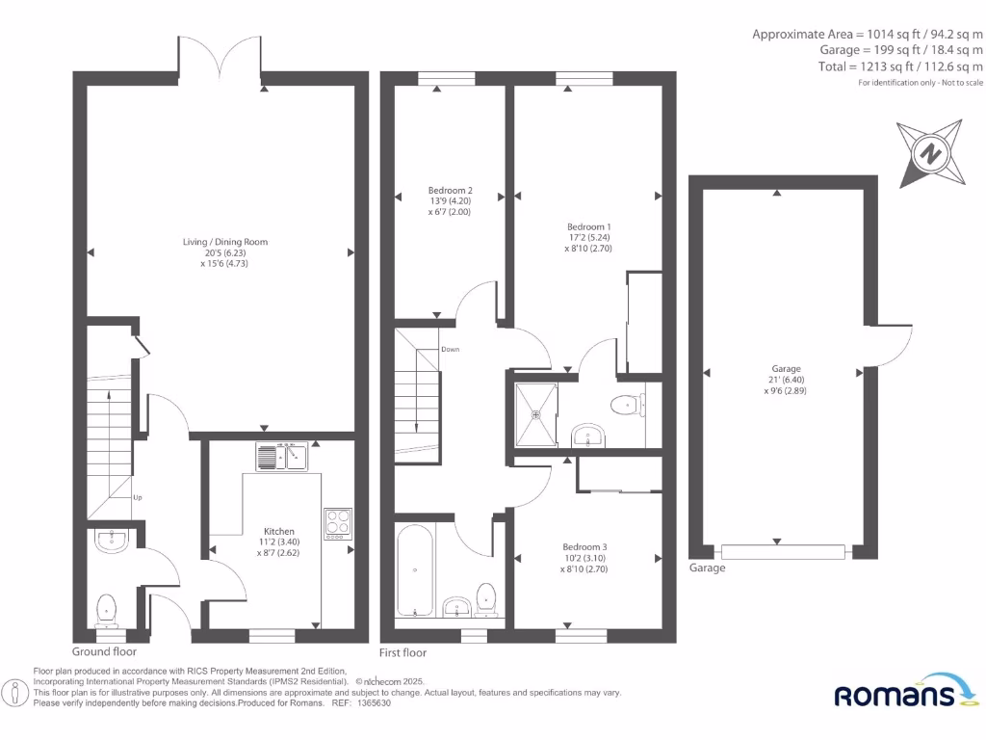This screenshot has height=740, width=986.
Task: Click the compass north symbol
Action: [x=930, y=153]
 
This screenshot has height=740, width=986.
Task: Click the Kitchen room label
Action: [x=279, y=531]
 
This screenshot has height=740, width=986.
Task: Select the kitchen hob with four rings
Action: [x=338, y=523]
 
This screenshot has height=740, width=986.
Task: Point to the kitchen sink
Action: [x=281, y=456]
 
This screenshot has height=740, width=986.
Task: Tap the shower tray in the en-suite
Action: [x=537, y=414]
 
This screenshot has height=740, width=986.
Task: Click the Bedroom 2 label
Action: [x=451, y=191]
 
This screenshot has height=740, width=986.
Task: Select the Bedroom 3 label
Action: [x=587, y=546]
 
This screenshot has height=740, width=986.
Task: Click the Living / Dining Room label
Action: [x=225, y=242]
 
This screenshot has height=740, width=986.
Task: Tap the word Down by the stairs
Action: [x=451, y=350]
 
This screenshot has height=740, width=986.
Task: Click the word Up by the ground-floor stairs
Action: [x=137, y=498]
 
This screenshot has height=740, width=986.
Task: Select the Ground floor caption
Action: [x=111, y=652]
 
